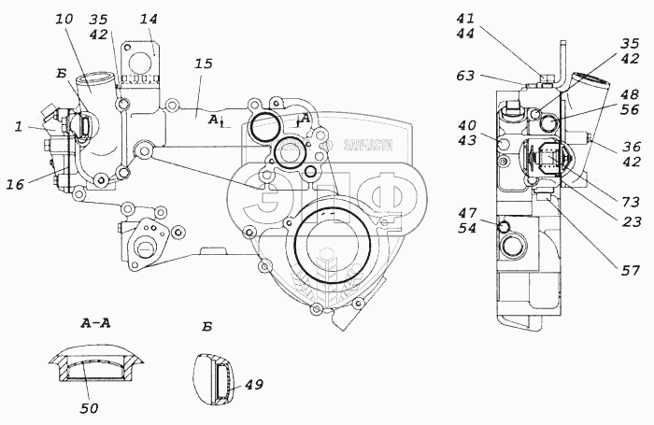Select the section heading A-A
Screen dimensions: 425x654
pyautogui.click(x=96, y=324)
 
